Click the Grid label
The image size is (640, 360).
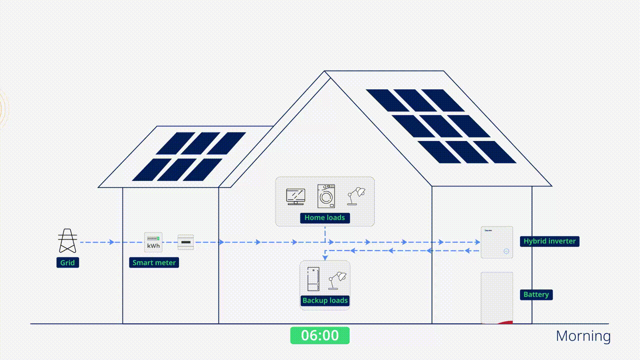[67, 262]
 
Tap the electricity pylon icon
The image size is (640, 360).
[67, 241]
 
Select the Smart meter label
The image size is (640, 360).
[154, 262]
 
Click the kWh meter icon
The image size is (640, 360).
[153, 242]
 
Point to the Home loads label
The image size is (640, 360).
[325, 218]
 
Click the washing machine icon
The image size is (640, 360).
[326, 196]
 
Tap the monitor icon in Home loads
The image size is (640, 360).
[295, 196]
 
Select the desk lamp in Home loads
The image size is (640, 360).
[356, 196]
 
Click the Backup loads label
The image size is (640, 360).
[325, 300]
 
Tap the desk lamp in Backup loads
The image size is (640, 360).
[337, 280]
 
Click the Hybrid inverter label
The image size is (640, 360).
[549, 241]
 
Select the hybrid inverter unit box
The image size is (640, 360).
[497, 242]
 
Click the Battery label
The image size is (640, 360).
[536, 294]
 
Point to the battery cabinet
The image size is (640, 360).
[497, 297]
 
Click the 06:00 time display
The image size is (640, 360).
[320, 335]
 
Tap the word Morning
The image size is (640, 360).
[583, 336]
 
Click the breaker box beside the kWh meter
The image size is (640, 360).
[186, 242]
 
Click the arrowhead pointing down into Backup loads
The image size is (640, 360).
[325, 257]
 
